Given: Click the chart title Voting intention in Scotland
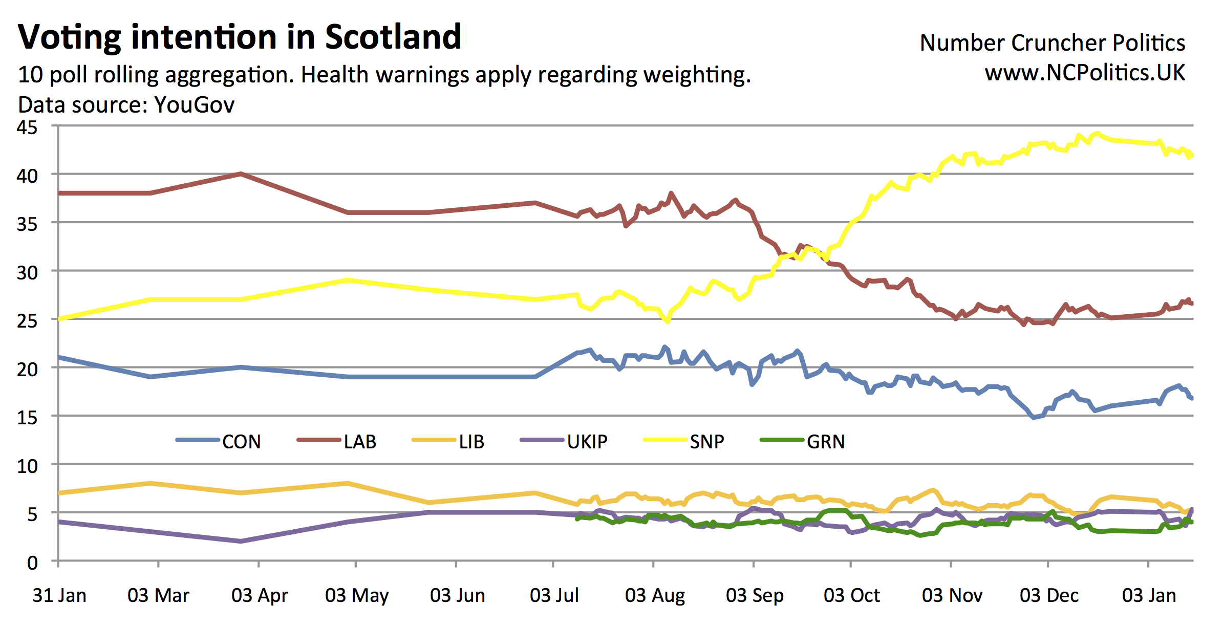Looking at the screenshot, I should coord(240,37).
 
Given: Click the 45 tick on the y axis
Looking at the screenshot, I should coord(27,127).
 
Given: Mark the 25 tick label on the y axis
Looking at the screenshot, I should coord(27,321).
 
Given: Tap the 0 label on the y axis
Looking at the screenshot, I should coord(32,563).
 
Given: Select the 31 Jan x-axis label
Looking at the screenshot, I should coord(59,595).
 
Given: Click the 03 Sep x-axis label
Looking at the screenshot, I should coord(755,595).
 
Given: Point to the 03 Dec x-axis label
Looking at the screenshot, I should coord(1049,595).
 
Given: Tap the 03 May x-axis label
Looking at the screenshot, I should coord(357,595).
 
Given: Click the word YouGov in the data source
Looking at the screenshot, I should coord(194,105).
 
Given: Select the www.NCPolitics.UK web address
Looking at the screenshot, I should coord(1085,73).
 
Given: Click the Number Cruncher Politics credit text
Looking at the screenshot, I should coord(1052,42).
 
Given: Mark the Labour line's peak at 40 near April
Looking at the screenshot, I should coord(241,174).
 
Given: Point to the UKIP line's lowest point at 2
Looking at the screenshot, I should coord(241,541).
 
